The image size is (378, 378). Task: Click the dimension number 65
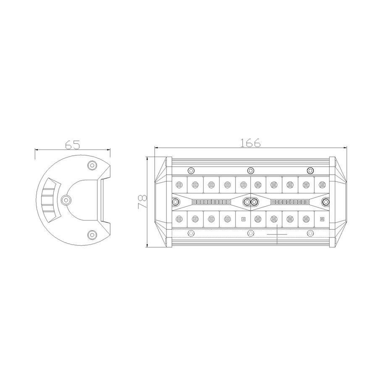72,144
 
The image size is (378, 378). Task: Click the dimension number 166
250,143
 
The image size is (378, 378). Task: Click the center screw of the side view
66,199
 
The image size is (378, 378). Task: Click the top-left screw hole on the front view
191,171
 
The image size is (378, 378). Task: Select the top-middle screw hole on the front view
251,171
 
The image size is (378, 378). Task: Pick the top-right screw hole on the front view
310,171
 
